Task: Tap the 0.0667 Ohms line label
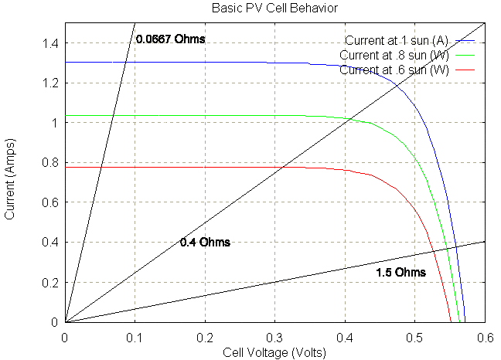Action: (170, 39)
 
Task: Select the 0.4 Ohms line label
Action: (205, 242)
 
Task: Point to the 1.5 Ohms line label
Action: (400, 273)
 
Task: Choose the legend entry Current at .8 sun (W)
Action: (394, 56)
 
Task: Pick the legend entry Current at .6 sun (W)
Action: (394, 70)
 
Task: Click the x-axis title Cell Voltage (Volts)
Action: (274, 352)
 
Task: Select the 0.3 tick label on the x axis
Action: (274, 337)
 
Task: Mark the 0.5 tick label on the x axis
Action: (414, 337)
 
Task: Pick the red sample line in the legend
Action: (465, 70)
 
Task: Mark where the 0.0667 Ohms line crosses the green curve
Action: (112, 116)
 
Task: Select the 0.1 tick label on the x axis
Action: (135, 337)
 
